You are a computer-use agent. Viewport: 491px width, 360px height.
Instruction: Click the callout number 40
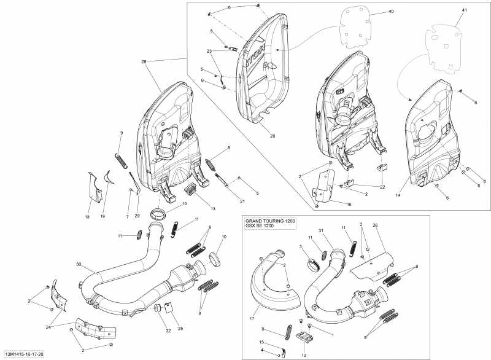pos(391,12)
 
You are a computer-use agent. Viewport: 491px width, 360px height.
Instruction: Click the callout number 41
pos(465,10)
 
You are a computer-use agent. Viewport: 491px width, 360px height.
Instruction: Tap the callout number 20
pos(273,136)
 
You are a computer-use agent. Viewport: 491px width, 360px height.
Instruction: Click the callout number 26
pos(374,225)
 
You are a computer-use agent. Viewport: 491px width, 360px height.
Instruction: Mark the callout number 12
pos(304,355)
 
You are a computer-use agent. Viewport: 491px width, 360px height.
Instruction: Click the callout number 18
pos(87,217)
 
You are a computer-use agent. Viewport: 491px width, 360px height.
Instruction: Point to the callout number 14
pos(398,195)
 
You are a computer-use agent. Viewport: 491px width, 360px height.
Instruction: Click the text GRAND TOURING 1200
pos(269,221)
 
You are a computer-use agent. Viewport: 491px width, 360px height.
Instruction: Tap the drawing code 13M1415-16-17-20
pos(24,354)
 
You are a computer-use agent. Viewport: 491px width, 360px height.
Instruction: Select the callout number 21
pos(242,201)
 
